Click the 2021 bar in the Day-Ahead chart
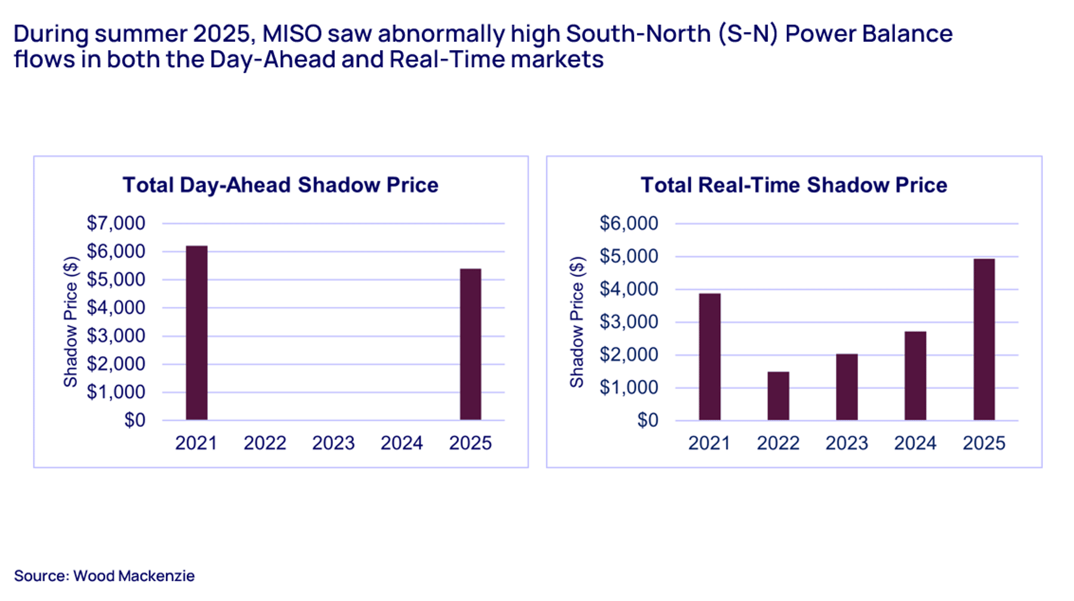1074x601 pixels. coord(197,333)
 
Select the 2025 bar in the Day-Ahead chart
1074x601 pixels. coord(471,344)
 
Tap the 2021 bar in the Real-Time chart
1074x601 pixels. coord(710,357)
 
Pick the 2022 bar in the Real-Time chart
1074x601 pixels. coord(779,396)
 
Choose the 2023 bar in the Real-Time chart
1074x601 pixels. coord(847,387)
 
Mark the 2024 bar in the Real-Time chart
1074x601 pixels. coord(916,376)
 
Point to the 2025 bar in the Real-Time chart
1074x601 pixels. coord(984,340)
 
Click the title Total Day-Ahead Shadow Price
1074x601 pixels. coord(280,185)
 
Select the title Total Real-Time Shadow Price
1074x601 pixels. coord(794,185)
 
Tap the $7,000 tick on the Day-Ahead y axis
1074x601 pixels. coord(116,223)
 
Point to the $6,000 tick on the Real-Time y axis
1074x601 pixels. coord(629,223)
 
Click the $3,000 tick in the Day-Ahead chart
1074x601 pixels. coord(116,336)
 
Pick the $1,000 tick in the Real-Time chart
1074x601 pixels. coord(629,387)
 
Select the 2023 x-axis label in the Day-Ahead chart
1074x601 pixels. coord(334,443)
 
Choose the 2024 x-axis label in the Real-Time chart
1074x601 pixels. coord(915,443)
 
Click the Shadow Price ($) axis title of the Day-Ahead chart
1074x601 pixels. coord(71,322)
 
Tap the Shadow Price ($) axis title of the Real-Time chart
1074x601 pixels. coord(577,322)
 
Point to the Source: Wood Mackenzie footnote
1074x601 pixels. coord(104,576)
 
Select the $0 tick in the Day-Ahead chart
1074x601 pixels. coord(135,420)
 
